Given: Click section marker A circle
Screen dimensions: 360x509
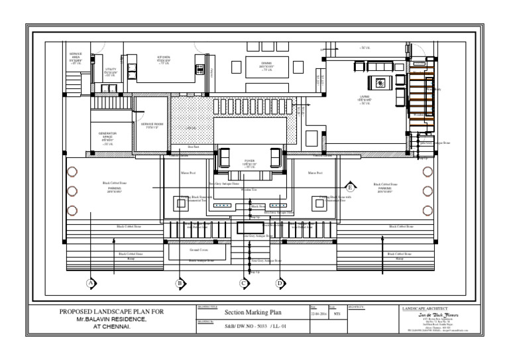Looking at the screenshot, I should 90,283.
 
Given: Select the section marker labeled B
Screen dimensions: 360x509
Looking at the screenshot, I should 179,283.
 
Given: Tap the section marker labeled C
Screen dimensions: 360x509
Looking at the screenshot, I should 244,283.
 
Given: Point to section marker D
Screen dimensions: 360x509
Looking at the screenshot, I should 280,283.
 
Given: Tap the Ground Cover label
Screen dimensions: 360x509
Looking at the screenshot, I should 199,251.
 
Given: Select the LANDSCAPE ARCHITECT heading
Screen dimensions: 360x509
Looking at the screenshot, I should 425,308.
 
